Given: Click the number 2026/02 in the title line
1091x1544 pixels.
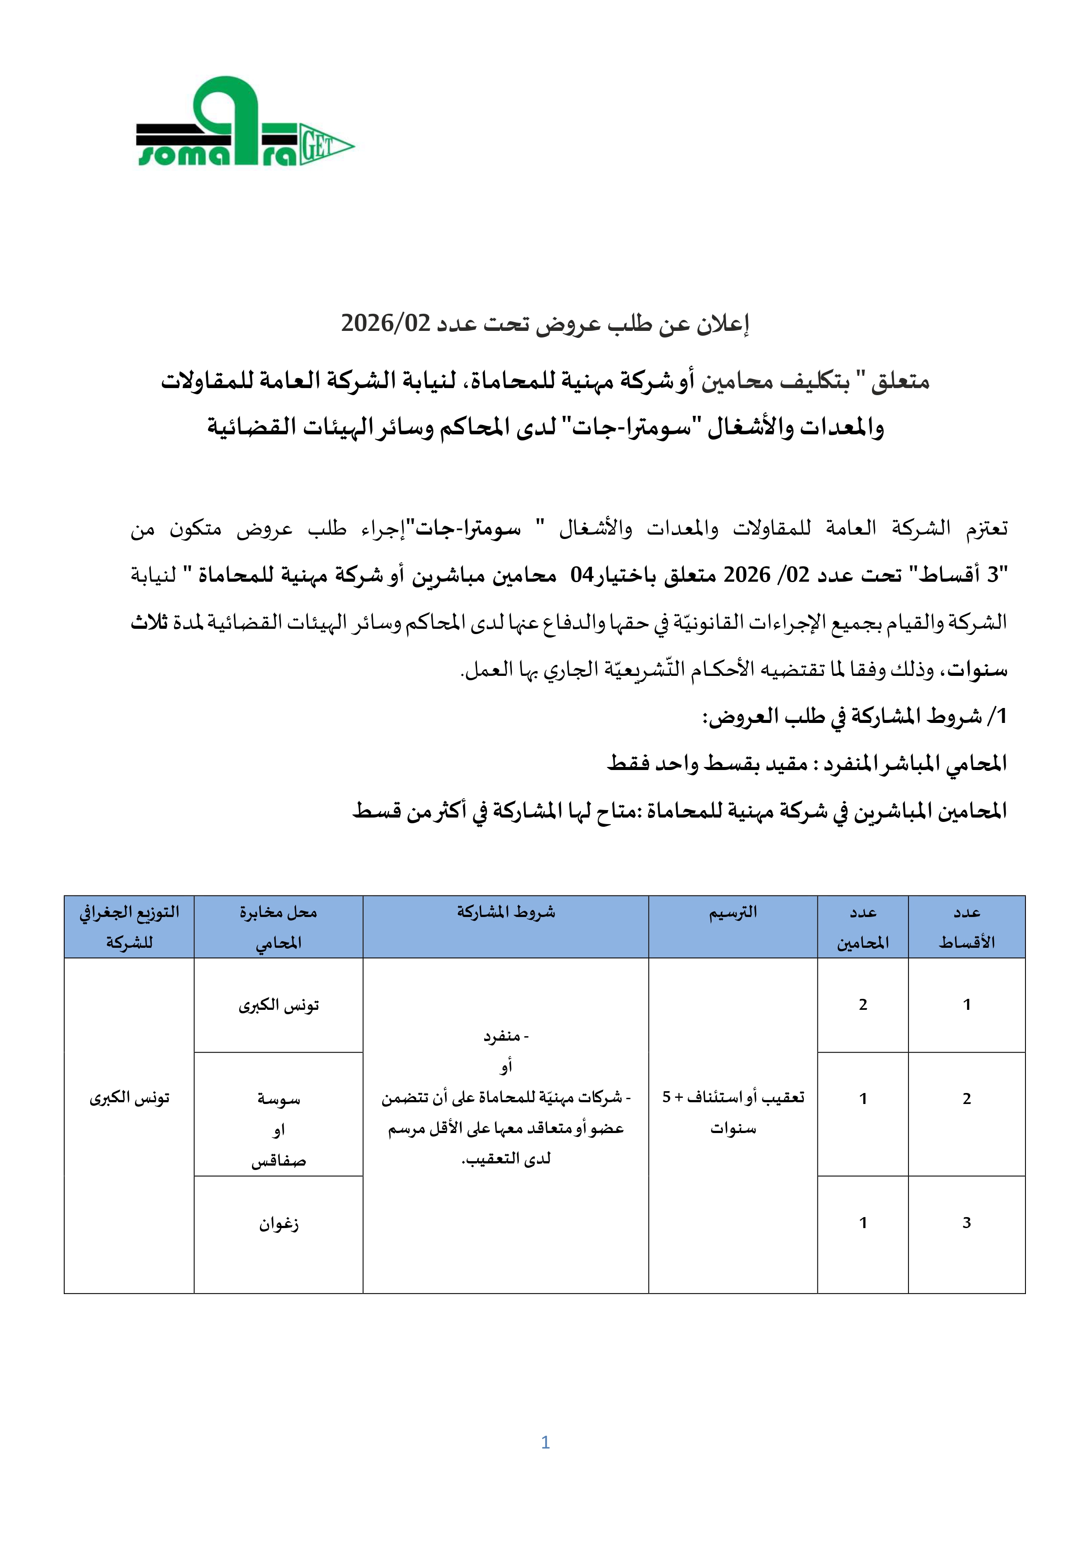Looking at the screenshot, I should (385, 323).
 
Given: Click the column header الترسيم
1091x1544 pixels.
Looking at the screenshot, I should (733, 913).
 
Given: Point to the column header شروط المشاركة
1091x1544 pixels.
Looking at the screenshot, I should (506, 913).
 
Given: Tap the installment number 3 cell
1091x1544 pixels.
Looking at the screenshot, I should (966, 1222).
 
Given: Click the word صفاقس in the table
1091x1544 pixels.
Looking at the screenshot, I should (278, 1161).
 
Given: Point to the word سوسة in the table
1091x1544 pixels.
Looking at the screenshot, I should (278, 1100).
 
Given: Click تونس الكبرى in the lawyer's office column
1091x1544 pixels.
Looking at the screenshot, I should (278, 1005).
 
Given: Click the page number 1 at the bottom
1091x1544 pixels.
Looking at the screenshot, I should (545, 1442).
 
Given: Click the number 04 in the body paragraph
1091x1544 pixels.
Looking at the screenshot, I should (582, 575).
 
